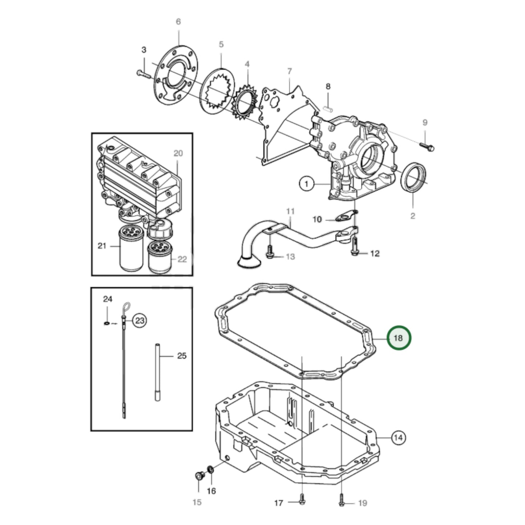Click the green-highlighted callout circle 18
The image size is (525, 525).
click(x=398, y=338)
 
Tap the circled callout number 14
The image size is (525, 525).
click(x=398, y=437)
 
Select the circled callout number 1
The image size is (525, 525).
click(x=306, y=184)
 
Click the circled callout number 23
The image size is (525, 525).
click(x=140, y=320)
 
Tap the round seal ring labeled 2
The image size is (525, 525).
click(x=414, y=177)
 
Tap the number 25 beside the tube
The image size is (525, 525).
click(x=182, y=356)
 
